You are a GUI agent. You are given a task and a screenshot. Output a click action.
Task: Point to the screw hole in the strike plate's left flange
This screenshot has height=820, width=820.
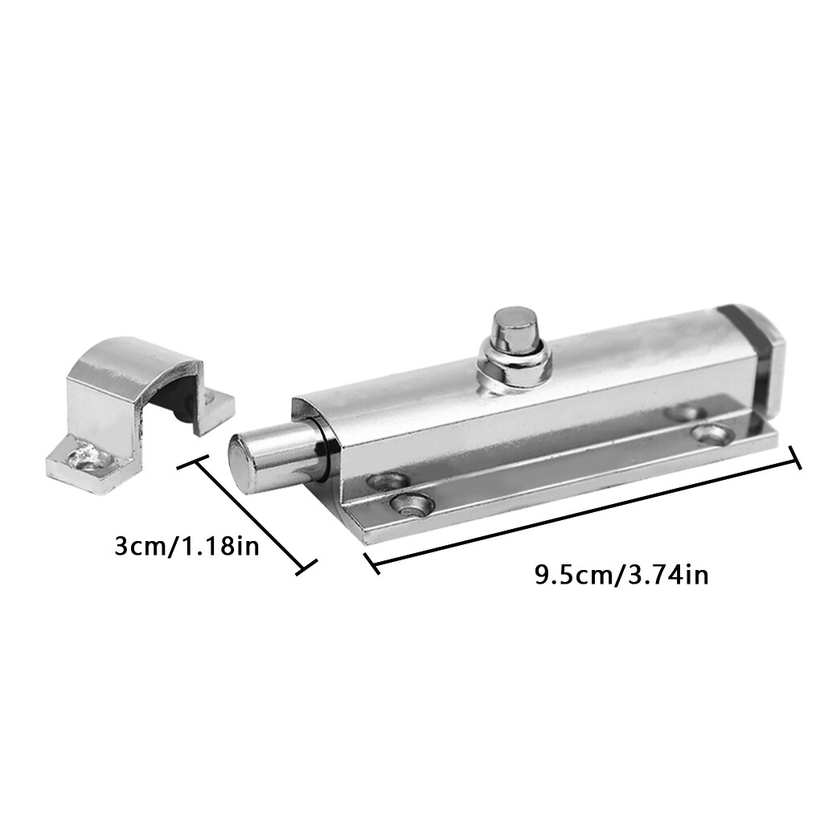point(84,458)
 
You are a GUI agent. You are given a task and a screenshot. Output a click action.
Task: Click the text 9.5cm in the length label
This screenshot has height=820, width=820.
point(572,576)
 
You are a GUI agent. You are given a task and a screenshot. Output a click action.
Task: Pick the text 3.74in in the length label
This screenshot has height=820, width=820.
point(665,576)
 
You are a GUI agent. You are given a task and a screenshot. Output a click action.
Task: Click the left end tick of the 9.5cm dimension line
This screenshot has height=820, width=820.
point(371,562)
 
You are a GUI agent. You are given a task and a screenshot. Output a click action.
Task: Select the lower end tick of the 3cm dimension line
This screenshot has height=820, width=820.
point(304,567)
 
